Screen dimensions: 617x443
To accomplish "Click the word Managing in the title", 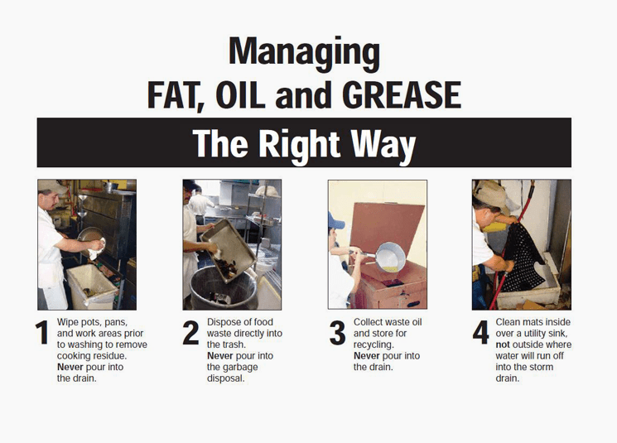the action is click(304, 53).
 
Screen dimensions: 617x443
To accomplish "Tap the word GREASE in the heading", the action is click(402, 95).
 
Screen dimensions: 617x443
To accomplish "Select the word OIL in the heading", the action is click(240, 95).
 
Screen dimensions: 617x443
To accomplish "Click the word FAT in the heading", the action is click(176, 96).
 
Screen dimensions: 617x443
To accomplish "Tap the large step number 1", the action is click(41, 332).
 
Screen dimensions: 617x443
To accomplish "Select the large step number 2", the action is click(190, 332).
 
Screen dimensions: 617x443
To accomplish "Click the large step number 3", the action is click(337, 333).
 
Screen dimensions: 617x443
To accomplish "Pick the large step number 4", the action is click(480, 332).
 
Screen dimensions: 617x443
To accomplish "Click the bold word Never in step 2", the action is click(220, 356).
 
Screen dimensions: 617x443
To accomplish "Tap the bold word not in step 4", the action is click(503, 344).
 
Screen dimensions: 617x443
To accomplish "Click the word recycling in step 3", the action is click(374, 345).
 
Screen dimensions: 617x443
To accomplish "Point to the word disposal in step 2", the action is click(226, 378).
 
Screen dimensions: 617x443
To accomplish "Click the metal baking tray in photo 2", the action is click(229, 250).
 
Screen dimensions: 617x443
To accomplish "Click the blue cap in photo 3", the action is click(335, 222).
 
